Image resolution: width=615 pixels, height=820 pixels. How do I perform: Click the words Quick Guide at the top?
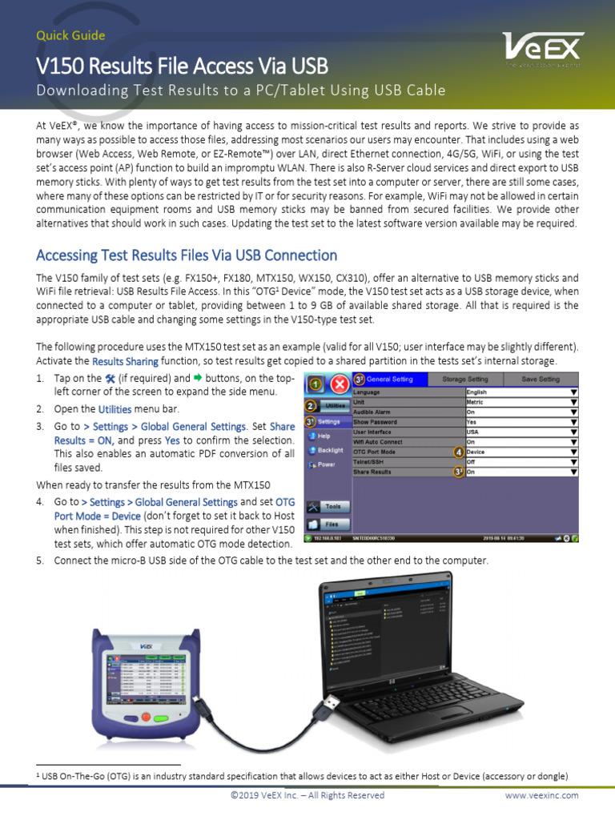[70, 35]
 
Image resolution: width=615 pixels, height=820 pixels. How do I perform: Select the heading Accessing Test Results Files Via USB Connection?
[187, 255]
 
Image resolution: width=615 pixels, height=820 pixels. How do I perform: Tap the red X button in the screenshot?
[340, 384]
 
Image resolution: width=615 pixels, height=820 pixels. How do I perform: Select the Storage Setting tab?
[465, 379]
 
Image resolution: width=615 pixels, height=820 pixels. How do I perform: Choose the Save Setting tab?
[541, 379]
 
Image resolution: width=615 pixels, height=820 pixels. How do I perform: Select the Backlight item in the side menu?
[328, 451]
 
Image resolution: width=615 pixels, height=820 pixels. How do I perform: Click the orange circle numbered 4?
[458, 452]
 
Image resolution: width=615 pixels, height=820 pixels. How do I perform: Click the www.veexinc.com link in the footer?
[541, 795]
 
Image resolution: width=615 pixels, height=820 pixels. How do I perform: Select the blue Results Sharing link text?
[124, 361]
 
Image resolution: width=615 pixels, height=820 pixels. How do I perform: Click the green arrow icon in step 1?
[196, 377]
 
